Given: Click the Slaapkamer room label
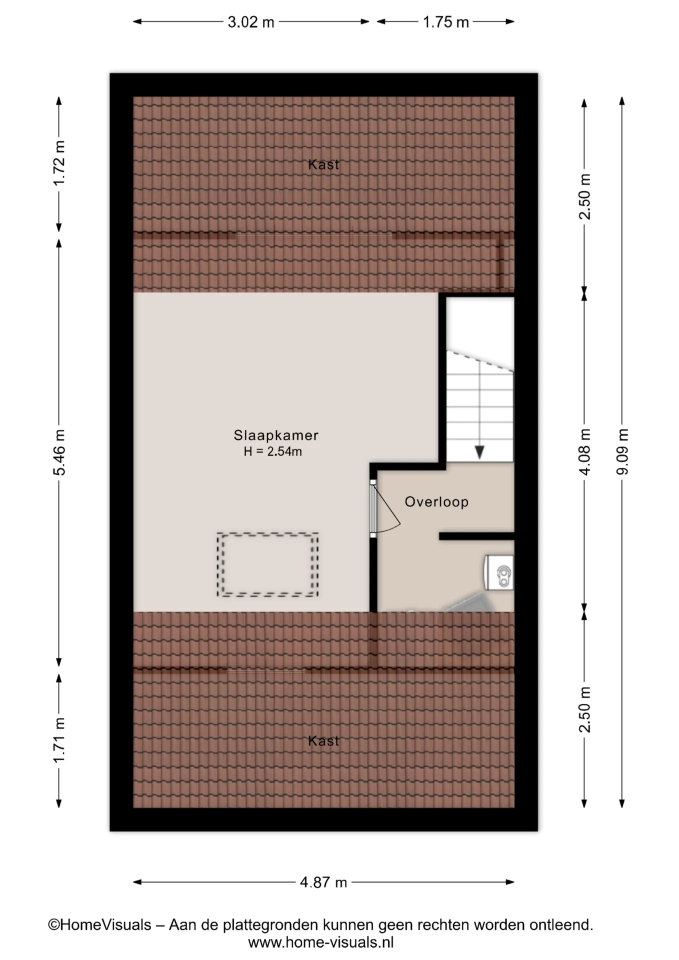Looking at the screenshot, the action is [x=276, y=435].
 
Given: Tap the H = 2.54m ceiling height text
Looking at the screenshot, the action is [x=273, y=451].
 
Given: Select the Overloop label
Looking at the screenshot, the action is [x=436, y=502].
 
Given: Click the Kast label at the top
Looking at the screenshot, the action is [x=323, y=164].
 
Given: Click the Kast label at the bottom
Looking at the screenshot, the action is [x=323, y=741].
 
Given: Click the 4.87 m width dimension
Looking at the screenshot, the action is [x=323, y=882].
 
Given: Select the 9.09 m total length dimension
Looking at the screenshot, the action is [x=622, y=451].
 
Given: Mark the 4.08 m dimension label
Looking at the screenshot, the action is [x=584, y=451].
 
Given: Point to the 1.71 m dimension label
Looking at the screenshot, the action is [x=59, y=740].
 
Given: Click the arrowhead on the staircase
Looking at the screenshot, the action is [x=479, y=452].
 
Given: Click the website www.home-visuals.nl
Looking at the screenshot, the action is [x=321, y=942].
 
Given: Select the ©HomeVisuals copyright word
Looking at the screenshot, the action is [x=99, y=925].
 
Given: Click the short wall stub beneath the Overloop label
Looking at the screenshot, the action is [x=476, y=536].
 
